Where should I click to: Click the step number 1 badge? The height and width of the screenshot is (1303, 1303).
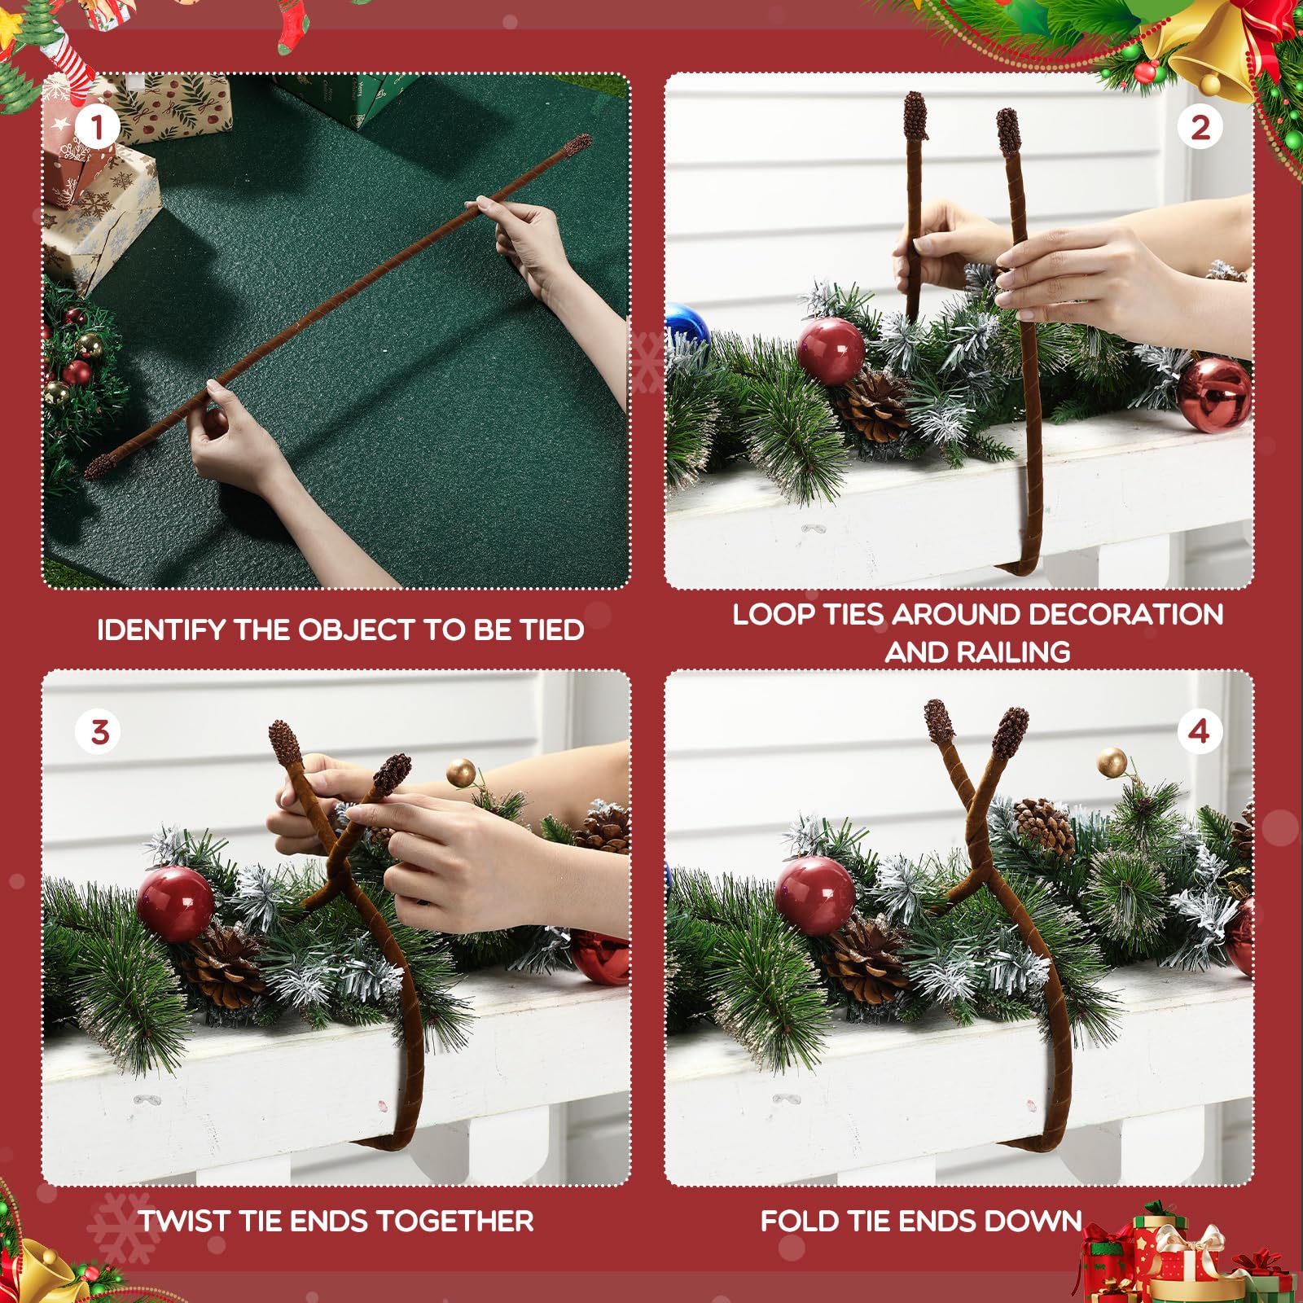(x=98, y=127)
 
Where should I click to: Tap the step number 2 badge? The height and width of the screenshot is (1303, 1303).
(x=1200, y=127)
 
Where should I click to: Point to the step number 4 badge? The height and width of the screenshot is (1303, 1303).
(x=1200, y=731)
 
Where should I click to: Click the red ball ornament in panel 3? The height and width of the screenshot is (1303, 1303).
(x=175, y=904)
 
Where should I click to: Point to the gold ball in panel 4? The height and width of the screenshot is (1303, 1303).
(x=1112, y=763)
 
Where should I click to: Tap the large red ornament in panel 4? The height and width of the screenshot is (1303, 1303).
(x=815, y=894)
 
